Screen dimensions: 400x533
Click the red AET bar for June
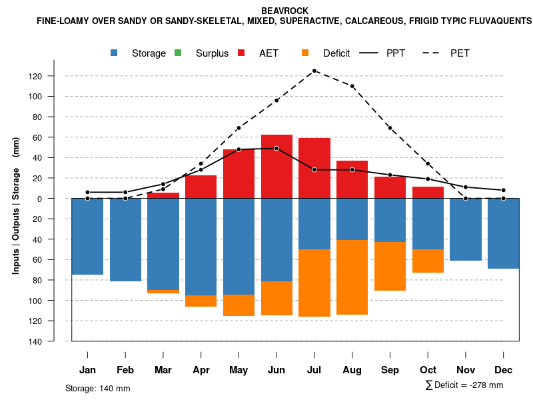(276, 167)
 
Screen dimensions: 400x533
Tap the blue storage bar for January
(87, 237)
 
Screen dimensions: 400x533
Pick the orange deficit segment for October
(428, 261)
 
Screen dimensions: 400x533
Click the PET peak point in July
(314, 71)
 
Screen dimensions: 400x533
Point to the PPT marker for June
(276, 148)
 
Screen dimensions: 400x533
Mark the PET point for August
(352, 86)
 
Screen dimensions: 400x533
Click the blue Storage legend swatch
(115, 53)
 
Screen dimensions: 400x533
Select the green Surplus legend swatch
(178, 53)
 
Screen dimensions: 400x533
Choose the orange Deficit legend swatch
(305, 53)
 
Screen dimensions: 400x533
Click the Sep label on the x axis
(390, 370)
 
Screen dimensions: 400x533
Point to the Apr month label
(201, 370)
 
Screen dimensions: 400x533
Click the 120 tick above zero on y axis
(54, 76)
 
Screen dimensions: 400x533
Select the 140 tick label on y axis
(54, 341)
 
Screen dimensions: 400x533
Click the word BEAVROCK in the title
(285, 11)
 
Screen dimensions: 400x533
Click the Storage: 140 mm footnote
(98, 388)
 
